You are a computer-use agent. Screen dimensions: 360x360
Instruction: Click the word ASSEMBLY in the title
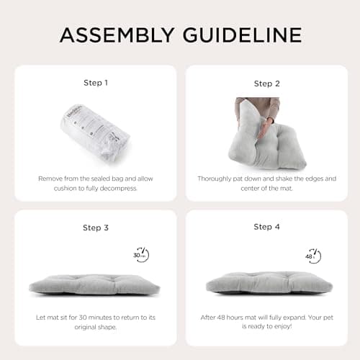pyautogui.click(x=117, y=35)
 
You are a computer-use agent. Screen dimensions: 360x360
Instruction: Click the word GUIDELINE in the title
pyautogui.click(x=243, y=35)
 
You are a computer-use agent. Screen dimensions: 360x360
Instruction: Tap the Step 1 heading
pyautogui.click(x=96, y=83)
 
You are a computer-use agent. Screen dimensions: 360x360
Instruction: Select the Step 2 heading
pyautogui.click(x=267, y=84)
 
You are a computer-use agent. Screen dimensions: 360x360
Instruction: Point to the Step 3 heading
pyautogui.click(x=96, y=228)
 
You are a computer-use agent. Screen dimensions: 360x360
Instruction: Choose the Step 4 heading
pyautogui.click(x=267, y=227)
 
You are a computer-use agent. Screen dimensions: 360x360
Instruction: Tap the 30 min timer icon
pyautogui.click(x=141, y=255)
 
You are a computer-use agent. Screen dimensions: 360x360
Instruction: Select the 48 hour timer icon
pyautogui.click(x=313, y=256)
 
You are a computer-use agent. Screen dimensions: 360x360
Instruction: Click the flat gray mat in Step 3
pyautogui.click(x=94, y=286)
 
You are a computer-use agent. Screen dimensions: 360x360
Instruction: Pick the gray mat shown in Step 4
pyautogui.click(x=269, y=283)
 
